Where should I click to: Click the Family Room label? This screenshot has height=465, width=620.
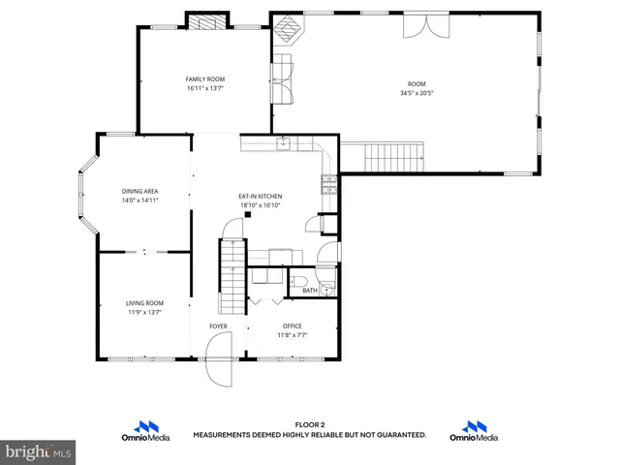pyautogui.click(x=205, y=78)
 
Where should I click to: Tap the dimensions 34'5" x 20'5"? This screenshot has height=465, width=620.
pyautogui.click(x=417, y=94)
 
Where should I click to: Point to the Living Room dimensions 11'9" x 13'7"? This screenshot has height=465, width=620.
pyautogui.click(x=143, y=312)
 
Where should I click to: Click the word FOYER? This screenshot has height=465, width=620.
pyautogui.click(x=219, y=326)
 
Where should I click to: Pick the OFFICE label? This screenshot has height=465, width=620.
pyautogui.click(x=293, y=326)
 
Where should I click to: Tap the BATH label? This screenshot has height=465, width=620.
pyautogui.click(x=309, y=291)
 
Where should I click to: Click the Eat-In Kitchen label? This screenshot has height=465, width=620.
pyautogui.click(x=260, y=197)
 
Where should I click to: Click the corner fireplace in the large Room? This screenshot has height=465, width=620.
pyautogui.click(x=287, y=35)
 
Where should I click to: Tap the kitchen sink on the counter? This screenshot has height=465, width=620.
pyautogui.click(x=284, y=145)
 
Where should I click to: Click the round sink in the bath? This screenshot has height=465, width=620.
pyautogui.click(x=327, y=288)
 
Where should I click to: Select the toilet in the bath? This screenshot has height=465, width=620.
pyautogui.click(x=297, y=281)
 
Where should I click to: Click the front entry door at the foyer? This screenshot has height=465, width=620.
pyautogui.click(x=220, y=370)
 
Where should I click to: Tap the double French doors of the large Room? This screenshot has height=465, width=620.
pyautogui.click(x=426, y=25)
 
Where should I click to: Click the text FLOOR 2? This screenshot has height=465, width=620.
pyautogui.click(x=309, y=425)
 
